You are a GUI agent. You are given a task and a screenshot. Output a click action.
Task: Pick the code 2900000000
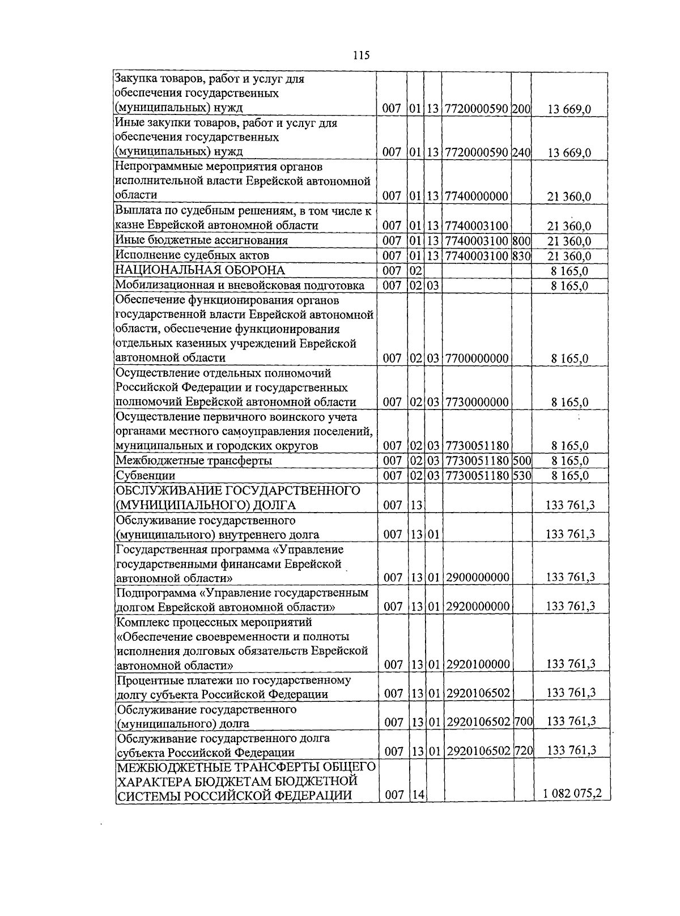pyautogui.click(x=478, y=578)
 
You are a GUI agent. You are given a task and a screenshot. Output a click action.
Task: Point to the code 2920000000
pyautogui.click(x=478, y=607)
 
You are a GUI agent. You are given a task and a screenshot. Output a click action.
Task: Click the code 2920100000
pyautogui.click(x=478, y=664)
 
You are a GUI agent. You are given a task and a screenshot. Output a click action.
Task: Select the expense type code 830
pyautogui.click(x=521, y=256)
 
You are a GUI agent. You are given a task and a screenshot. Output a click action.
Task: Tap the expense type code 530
pyautogui.click(x=522, y=476)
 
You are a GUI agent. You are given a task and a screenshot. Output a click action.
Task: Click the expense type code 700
pyautogui.click(x=523, y=722)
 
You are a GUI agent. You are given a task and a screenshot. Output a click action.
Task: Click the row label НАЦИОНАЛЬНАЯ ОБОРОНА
pyautogui.click(x=199, y=270)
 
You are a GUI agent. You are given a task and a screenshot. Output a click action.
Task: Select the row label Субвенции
pyautogui.click(x=145, y=476)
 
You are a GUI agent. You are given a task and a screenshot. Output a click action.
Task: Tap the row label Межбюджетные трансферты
pyautogui.click(x=194, y=461)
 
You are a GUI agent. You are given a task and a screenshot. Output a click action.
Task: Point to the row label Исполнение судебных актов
pyautogui.click(x=192, y=255)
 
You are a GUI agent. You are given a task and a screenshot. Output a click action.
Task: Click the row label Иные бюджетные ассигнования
pyautogui.click(x=201, y=240)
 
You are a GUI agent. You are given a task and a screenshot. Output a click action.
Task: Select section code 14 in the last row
pyautogui.click(x=418, y=795)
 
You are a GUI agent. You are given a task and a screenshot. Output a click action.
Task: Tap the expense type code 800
pyautogui.click(x=521, y=241)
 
